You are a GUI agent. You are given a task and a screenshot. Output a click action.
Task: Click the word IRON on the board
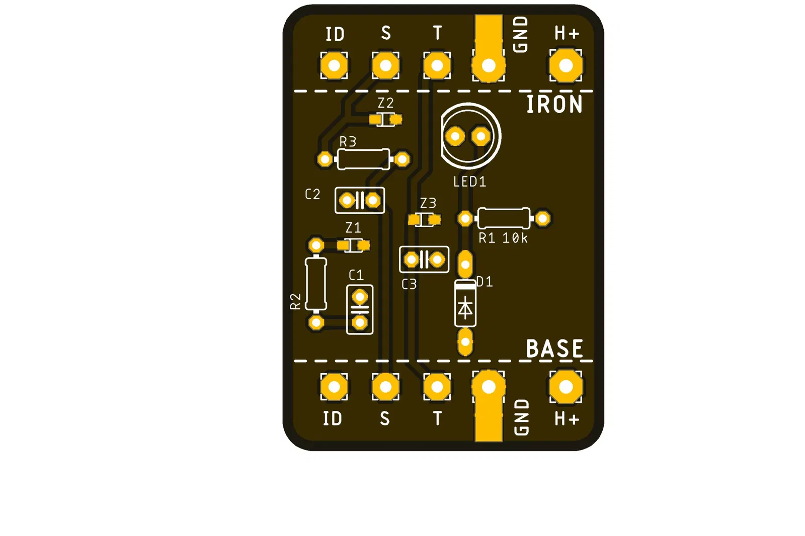click(554, 105)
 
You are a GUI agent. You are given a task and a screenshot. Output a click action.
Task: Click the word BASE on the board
click(554, 348)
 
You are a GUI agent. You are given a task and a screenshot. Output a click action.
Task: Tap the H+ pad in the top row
click(566, 65)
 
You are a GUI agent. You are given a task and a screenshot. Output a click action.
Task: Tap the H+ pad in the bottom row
click(566, 387)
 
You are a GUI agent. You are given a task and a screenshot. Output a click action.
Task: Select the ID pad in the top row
click(334, 65)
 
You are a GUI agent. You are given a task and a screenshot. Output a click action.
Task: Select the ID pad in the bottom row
click(334, 387)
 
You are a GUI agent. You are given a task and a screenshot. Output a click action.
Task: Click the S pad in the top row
click(386, 65)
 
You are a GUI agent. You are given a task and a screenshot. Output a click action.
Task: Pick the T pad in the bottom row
click(437, 387)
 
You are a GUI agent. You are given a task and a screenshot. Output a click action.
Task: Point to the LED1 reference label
click(469, 182)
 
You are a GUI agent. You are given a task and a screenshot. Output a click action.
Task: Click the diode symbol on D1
click(465, 307)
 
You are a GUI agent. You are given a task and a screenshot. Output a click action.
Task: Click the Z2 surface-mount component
click(385, 120)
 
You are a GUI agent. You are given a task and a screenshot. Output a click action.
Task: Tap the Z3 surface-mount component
click(425, 220)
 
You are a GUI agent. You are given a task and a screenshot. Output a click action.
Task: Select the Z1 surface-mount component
click(354, 245)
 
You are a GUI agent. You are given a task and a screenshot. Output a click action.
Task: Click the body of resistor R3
click(363, 159)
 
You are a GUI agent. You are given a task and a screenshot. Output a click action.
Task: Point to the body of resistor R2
click(316, 284)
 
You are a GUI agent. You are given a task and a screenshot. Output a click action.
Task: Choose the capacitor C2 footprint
click(360, 201)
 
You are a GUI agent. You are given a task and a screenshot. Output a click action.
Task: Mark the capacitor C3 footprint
click(424, 260)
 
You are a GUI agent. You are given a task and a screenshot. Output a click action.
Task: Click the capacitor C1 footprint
click(360, 309)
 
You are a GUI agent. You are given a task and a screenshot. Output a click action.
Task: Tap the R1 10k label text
click(503, 238)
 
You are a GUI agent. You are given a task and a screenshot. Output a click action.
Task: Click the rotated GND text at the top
click(520, 34)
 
